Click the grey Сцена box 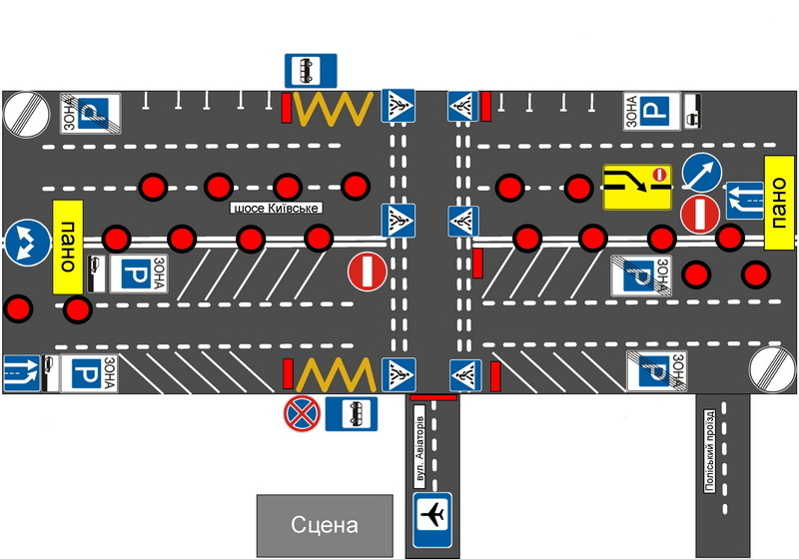[325, 525]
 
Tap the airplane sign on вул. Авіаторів [432, 517]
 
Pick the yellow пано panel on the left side [67, 247]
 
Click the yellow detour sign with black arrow [636, 186]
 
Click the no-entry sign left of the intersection [367, 271]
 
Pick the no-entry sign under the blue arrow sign [699, 213]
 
